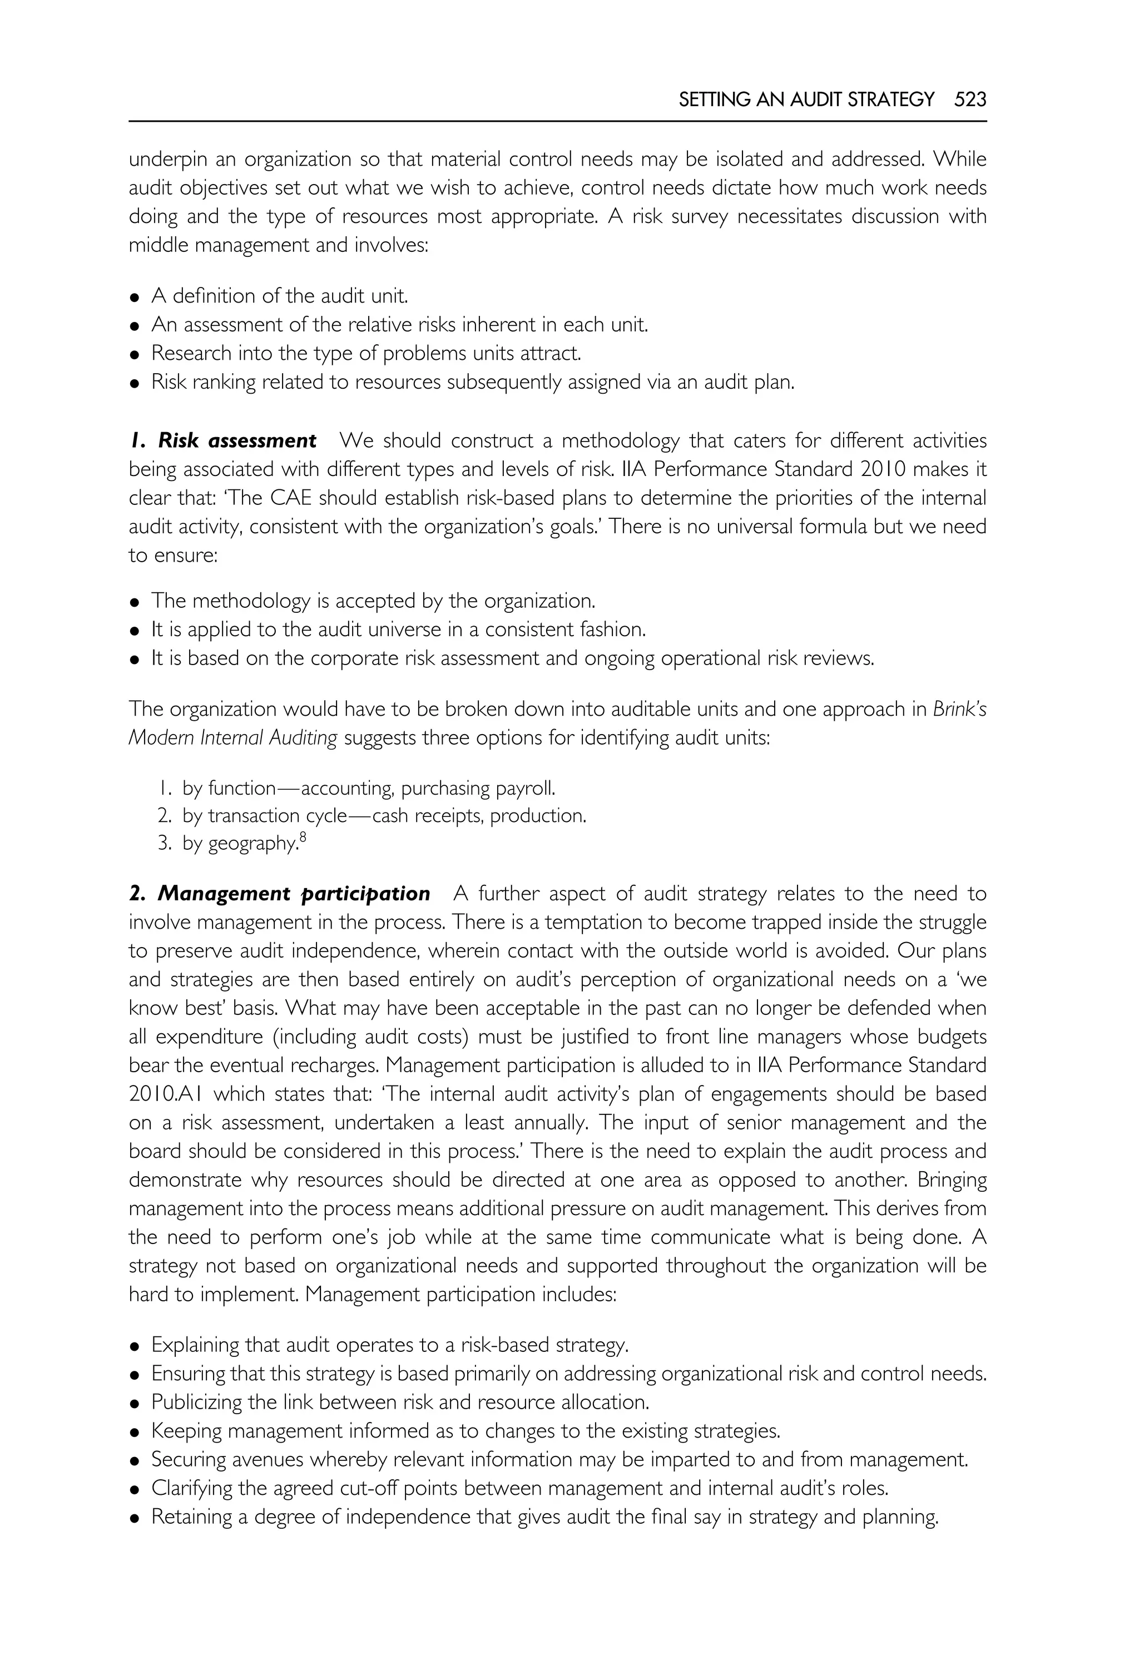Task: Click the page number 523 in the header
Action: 970,99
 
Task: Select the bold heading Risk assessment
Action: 237,441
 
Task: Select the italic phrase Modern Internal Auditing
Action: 232,738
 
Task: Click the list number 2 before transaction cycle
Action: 164,816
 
